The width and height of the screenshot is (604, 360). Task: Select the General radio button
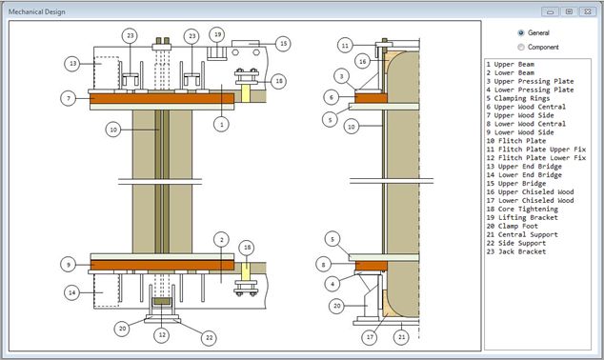(521, 33)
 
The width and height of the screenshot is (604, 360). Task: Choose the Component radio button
(521, 48)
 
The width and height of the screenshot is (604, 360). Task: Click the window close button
(588, 11)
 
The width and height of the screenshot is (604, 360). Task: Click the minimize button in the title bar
(550, 11)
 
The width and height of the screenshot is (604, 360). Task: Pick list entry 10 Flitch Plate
(516, 141)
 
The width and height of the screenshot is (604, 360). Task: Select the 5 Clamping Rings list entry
(518, 98)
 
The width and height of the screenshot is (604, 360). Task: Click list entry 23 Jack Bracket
(516, 251)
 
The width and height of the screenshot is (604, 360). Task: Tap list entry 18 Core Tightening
(522, 210)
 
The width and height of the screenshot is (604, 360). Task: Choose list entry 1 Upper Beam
(511, 65)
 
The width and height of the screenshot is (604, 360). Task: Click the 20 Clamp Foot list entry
(513, 226)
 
